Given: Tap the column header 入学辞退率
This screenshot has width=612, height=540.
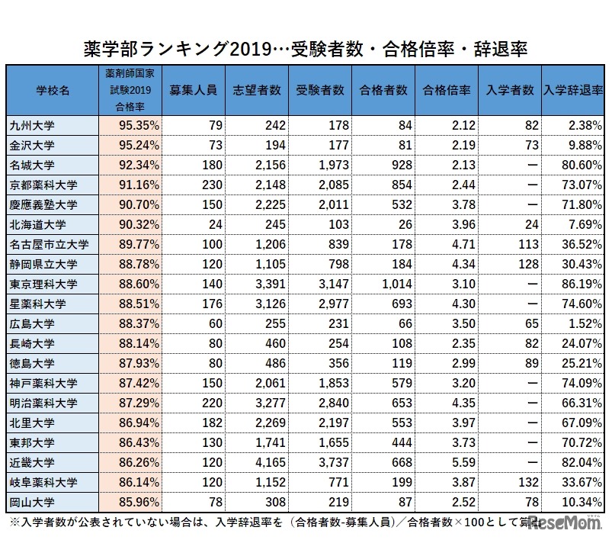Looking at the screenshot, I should (572, 90).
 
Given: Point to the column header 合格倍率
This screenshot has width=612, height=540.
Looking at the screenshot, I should (447, 90).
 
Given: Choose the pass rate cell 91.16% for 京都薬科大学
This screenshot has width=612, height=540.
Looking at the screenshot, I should (129, 185).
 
